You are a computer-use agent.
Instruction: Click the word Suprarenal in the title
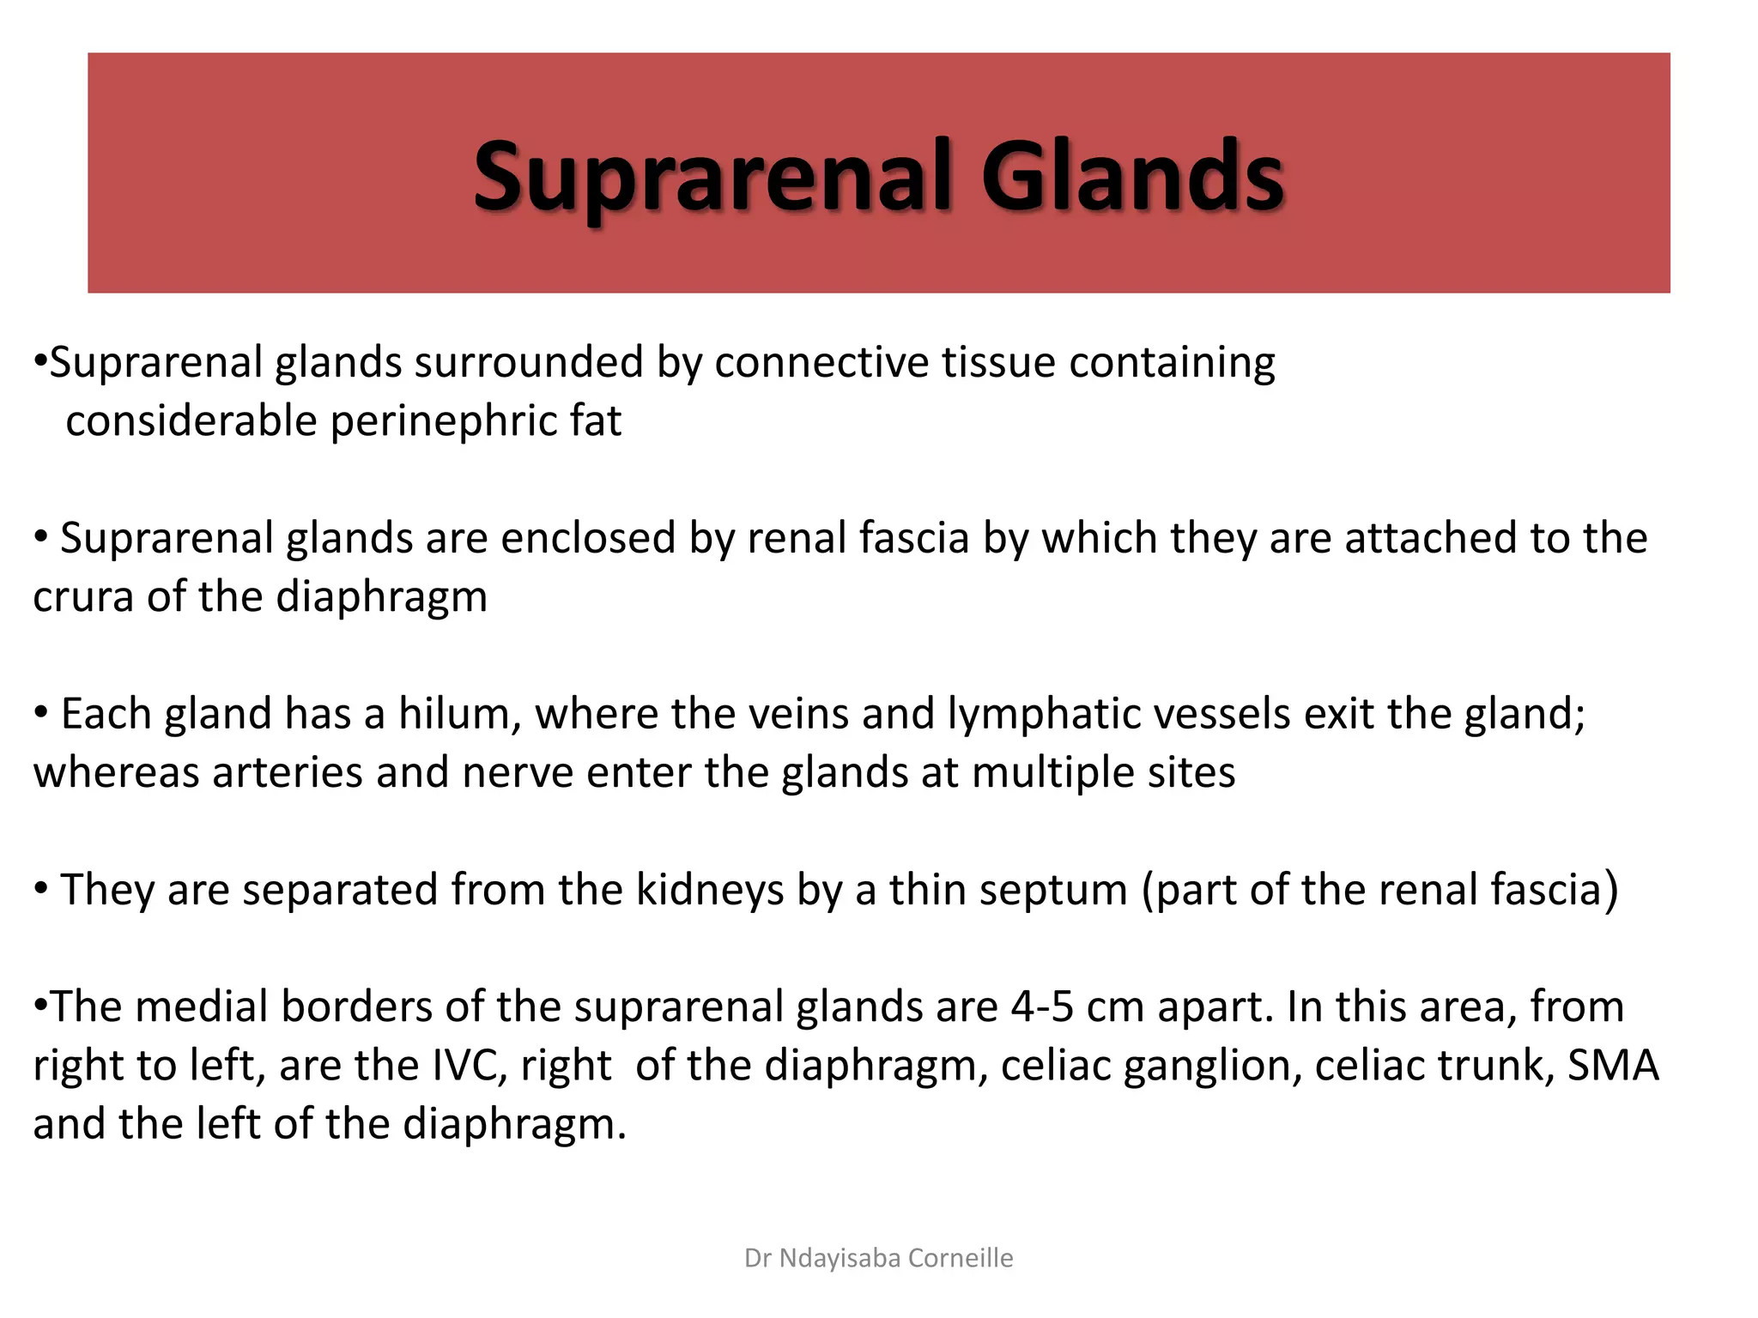coord(712,178)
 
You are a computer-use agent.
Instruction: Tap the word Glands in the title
coord(1132,178)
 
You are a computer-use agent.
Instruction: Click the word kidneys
coord(709,890)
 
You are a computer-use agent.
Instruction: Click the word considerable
coord(191,422)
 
